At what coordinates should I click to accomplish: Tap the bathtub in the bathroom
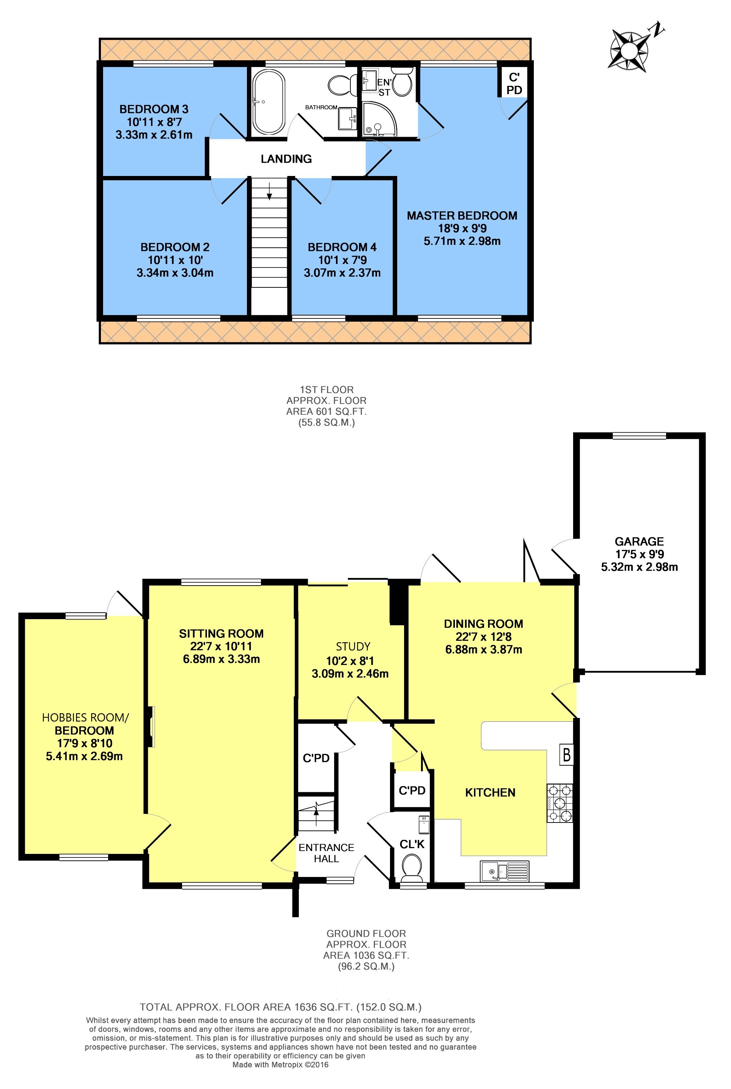pos(269,102)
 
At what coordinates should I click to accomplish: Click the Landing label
pos(286,159)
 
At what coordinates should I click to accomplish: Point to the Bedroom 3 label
pos(154,109)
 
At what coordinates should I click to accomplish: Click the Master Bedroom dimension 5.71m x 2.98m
pos(462,242)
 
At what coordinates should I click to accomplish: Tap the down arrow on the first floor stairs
pos(269,190)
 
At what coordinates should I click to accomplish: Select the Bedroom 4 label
pos(342,247)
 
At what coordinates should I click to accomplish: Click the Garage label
pos(639,542)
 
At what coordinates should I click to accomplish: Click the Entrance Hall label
pos(326,853)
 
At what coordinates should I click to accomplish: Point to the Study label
pos(353,647)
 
